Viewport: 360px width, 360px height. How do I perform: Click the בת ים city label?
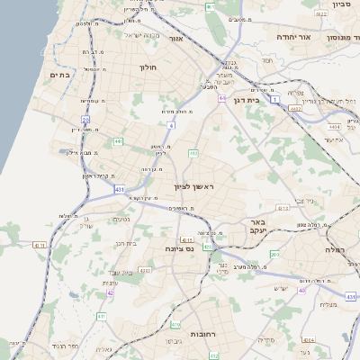60,76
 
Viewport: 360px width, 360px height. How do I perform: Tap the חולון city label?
148,67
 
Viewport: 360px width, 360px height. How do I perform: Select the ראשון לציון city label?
195,186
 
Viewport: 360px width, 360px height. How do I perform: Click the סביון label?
340,4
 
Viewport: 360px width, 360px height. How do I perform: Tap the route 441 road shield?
118,141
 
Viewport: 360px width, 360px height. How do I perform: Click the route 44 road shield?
221,98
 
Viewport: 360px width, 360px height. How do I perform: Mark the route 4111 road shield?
187,240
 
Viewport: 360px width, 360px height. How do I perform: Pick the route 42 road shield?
111,292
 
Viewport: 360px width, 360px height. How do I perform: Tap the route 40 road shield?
302,290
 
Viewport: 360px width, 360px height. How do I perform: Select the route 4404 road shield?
334,127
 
